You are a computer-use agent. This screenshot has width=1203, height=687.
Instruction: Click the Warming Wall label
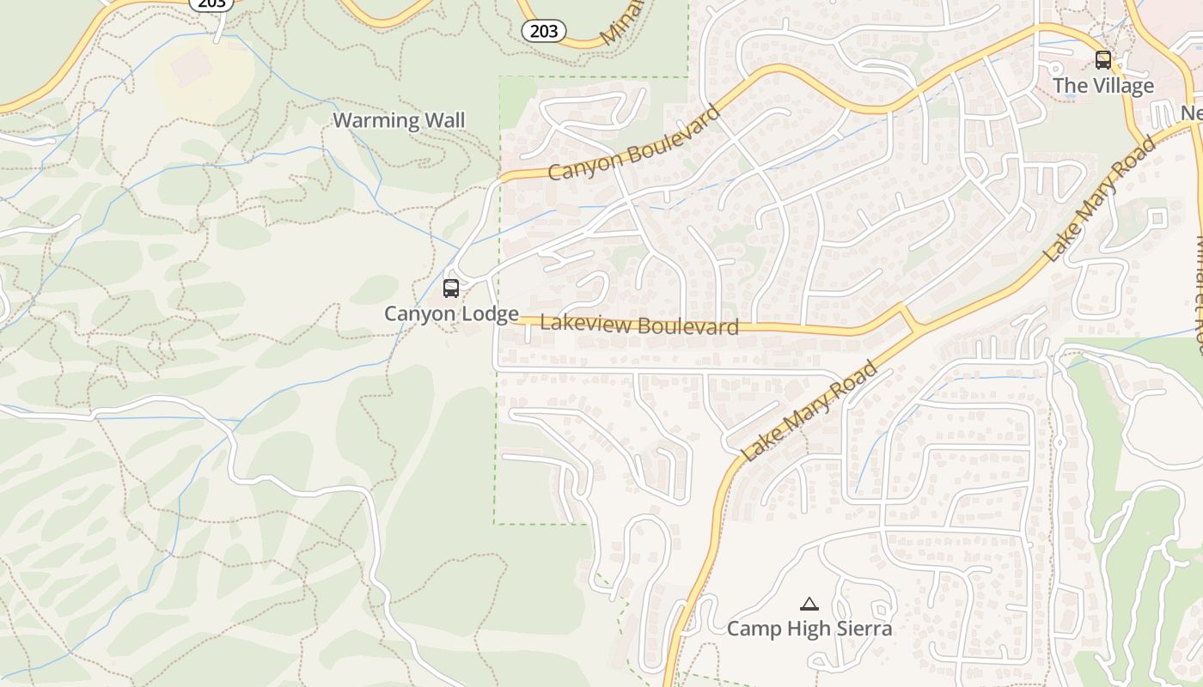(399, 120)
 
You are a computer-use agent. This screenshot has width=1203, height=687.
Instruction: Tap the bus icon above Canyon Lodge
(451, 289)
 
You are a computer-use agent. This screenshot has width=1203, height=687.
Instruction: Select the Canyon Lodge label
(451, 313)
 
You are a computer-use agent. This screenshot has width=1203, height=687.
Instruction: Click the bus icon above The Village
(1102, 60)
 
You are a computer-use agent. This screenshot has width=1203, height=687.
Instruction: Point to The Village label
(1102, 86)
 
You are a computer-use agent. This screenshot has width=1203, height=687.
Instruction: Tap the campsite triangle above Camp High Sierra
(809, 605)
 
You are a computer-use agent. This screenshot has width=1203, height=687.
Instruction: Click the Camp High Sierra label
(809, 629)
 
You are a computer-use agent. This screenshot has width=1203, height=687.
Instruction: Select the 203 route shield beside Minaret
(544, 32)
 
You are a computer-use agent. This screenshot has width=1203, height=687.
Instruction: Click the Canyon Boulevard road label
(634, 143)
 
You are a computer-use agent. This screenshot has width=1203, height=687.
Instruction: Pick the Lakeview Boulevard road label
(639, 325)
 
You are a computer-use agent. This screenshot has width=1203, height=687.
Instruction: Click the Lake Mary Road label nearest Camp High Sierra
(809, 412)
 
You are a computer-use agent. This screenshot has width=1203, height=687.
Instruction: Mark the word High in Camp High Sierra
(808, 629)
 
